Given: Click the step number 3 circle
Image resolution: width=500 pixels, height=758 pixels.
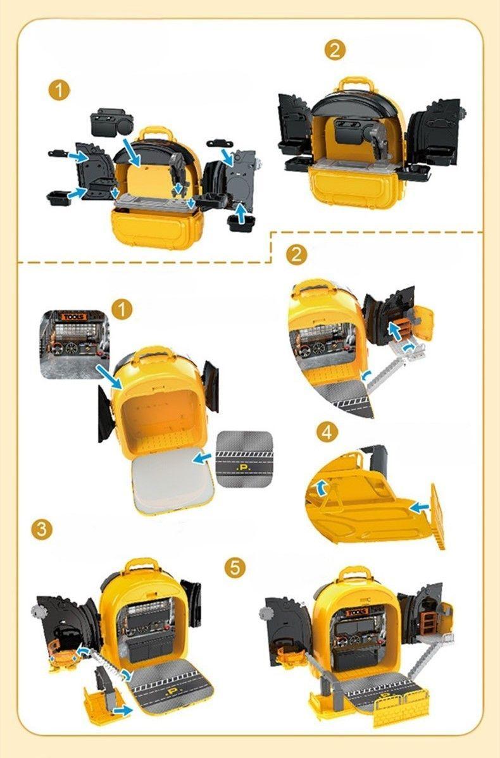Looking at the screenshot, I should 42,529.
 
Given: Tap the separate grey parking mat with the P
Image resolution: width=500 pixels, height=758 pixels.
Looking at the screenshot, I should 244,459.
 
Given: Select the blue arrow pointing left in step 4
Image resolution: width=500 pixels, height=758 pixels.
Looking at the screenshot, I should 418,506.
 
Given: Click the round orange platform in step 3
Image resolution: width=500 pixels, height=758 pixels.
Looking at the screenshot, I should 61,659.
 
